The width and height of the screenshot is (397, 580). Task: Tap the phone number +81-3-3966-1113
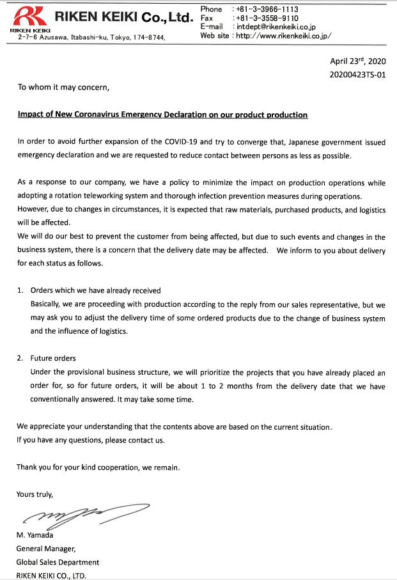click(267, 10)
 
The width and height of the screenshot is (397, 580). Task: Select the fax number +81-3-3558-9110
click(267, 19)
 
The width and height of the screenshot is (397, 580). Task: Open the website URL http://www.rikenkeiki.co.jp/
click(283, 36)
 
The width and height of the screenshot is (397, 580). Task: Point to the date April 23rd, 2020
click(357, 61)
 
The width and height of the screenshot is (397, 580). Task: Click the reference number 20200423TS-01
click(357, 75)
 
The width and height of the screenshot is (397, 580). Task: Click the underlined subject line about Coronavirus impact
click(162, 115)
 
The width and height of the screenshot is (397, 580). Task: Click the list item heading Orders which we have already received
click(95, 290)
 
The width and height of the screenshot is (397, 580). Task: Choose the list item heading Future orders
click(53, 358)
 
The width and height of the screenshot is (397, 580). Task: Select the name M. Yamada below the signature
click(35, 535)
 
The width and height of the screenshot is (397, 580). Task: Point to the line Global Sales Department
click(58, 562)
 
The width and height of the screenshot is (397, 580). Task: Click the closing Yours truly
click(35, 494)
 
